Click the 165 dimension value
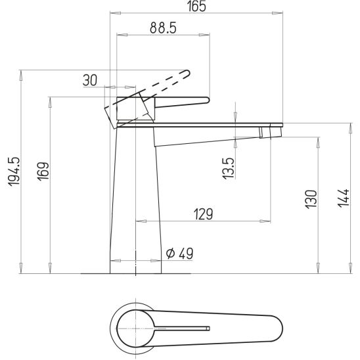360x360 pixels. [x=197, y=6]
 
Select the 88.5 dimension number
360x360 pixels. [x=163, y=28]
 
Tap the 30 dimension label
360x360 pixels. [x=90, y=80]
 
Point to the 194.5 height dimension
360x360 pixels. [x=14, y=171]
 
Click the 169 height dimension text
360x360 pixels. [x=43, y=171]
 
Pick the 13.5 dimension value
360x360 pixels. [x=229, y=168]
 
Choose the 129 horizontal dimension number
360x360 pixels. [x=204, y=214]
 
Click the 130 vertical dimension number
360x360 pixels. [x=311, y=199]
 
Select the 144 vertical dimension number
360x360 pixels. [x=343, y=198]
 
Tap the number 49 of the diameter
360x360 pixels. [x=186, y=253]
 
